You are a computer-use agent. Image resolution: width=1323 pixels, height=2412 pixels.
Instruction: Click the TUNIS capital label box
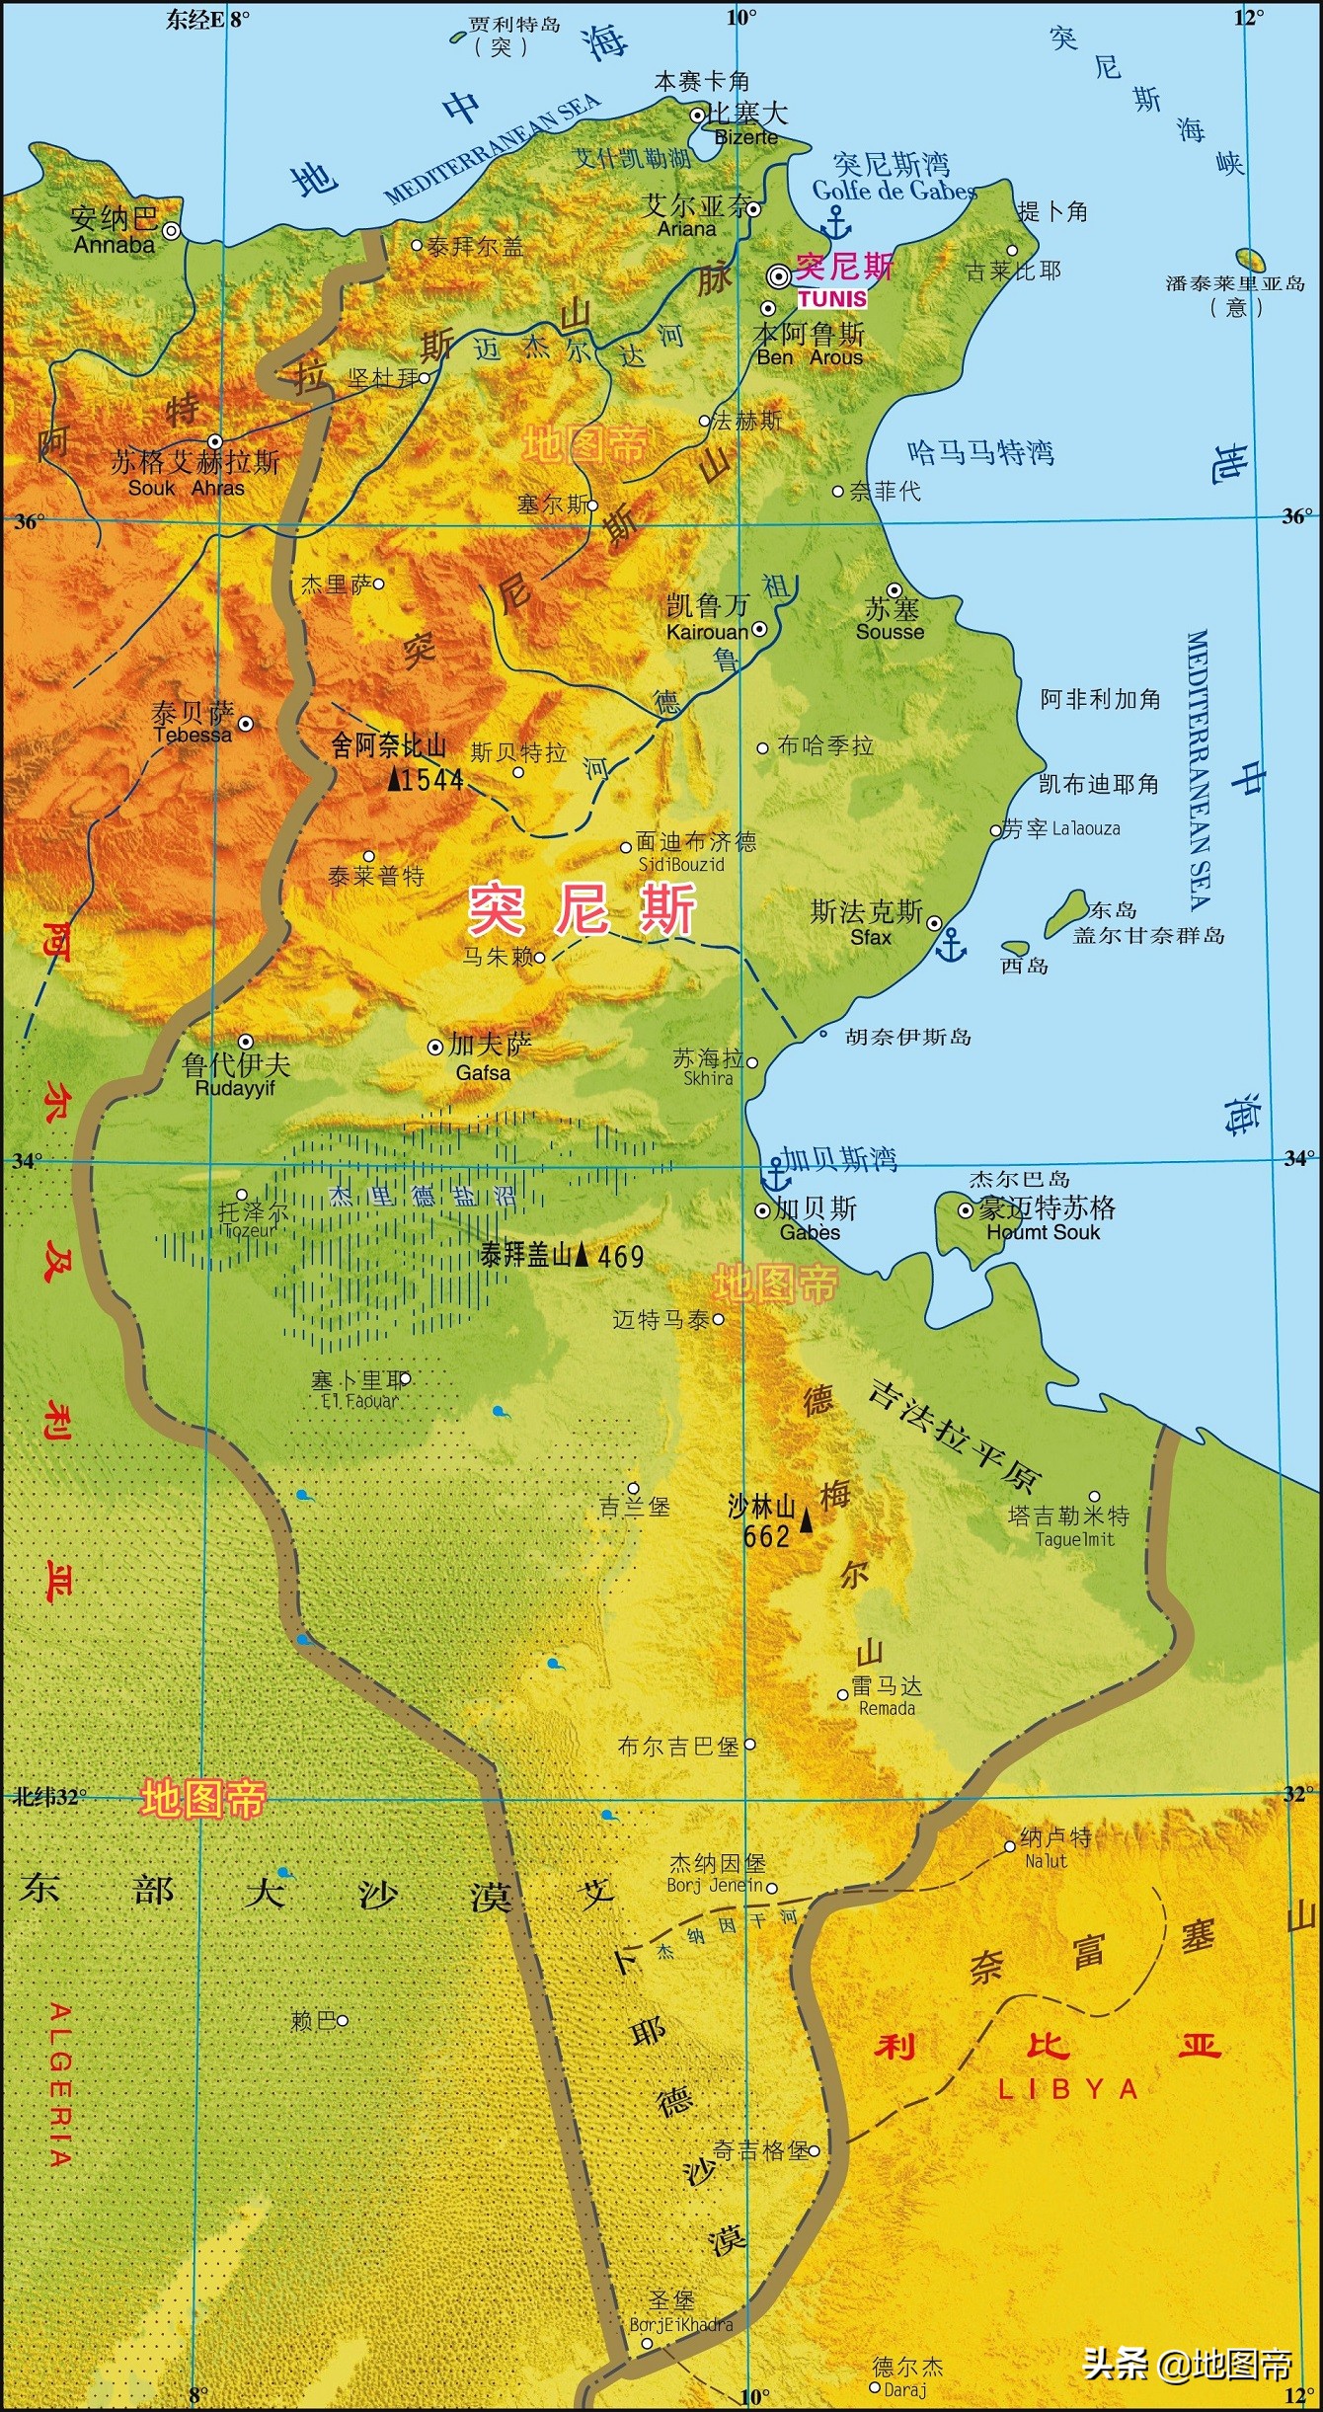tap(831, 298)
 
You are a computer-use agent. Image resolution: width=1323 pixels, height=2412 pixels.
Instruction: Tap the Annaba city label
tap(115, 244)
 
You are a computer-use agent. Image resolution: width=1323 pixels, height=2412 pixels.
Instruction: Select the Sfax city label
tap(870, 937)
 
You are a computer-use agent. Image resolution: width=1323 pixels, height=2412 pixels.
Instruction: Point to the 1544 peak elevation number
tap(432, 780)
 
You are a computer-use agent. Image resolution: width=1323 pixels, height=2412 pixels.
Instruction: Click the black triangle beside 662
tap(807, 1521)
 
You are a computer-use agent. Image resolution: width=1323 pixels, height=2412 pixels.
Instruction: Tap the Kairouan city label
tap(707, 632)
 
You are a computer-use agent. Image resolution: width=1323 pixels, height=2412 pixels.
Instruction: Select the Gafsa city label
tap(483, 1072)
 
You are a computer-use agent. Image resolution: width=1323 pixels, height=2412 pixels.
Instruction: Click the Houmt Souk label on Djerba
tap(1043, 1232)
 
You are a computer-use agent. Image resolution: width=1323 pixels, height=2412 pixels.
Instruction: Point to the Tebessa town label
tap(193, 735)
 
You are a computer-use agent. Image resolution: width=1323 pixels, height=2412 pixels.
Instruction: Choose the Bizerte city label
tap(745, 137)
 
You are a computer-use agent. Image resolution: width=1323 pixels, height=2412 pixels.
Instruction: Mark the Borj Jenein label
tap(715, 1885)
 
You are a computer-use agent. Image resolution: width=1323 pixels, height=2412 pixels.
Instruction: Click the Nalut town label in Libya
tap(1046, 1860)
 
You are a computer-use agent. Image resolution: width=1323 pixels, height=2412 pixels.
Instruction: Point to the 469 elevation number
tap(620, 1257)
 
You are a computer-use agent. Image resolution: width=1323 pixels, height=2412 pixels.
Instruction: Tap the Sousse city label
tap(890, 632)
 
